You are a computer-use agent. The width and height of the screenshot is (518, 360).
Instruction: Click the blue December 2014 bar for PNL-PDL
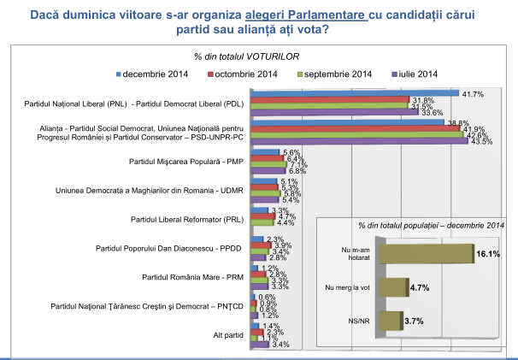pos(355,93)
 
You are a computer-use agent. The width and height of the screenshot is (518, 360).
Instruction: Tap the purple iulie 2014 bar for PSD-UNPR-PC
pos(358,140)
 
